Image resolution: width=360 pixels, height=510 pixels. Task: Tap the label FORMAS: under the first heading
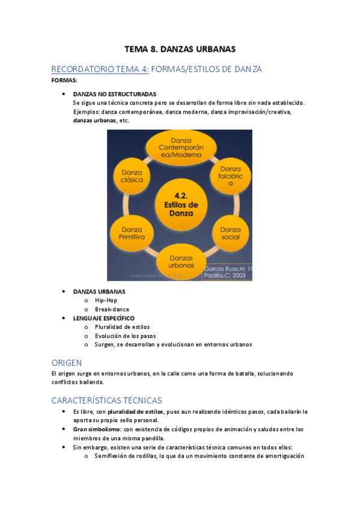64,81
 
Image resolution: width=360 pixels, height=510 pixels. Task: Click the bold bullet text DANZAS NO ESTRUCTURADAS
114,94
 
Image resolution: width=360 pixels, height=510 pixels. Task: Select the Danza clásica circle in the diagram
128,176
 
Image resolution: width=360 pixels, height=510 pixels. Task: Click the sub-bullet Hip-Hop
106,300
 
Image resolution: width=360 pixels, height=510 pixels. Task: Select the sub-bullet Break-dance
112,309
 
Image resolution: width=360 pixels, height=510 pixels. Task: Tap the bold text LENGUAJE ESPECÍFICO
103,318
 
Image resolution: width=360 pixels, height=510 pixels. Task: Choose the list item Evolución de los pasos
125,336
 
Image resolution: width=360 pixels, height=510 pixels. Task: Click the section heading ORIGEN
67,363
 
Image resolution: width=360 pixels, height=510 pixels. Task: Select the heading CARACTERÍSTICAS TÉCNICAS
106,400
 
